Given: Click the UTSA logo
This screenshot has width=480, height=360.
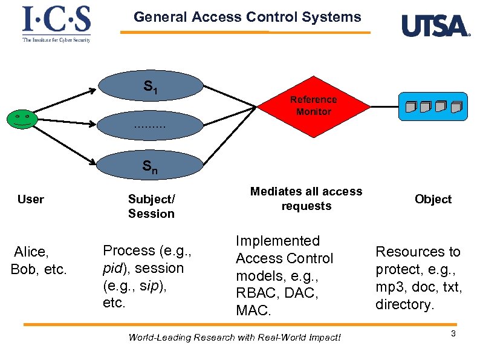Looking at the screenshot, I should (435, 26).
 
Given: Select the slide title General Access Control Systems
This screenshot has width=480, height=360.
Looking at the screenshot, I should (247, 17).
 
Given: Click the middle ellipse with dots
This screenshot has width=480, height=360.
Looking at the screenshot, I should (151, 126).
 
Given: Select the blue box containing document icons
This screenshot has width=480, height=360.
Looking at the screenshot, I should (433, 106).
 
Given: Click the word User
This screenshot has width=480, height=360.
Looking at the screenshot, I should (31, 199).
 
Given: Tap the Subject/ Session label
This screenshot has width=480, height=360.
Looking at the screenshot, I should (151, 206).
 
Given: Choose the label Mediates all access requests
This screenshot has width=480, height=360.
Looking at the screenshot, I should (306, 198).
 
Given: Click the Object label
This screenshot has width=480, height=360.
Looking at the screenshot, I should (433, 199).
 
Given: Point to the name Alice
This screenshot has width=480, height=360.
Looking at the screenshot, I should (31, 252).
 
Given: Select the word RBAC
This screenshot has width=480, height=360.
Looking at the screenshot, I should (256, 293).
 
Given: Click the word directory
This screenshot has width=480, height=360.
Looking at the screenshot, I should (404, 304).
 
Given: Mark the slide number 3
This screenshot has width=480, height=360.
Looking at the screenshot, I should (453, 334).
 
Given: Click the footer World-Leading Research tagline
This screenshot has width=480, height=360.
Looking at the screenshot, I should (235, 337).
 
